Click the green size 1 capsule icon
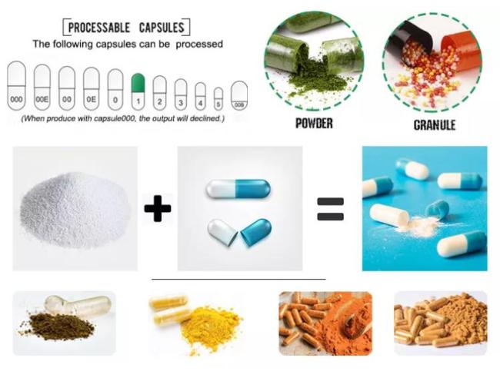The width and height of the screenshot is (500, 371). coord(138,91)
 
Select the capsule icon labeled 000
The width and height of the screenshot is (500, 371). coord(17,86)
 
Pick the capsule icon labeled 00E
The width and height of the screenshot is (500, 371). coord(42,87)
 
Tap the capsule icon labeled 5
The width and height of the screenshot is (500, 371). coord(218,99)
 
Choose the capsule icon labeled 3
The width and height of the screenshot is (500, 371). coord(181,94)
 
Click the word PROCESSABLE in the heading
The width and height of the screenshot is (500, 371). coord(99,28)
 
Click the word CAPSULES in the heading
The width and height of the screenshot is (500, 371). coord(162,28)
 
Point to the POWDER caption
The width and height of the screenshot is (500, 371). coord(314,123)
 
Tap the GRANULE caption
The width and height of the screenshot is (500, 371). coord(435,124)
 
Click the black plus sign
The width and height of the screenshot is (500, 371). coord(158,209)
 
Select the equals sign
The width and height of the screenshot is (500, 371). coord(330,209)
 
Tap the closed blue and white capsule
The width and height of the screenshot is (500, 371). coord(238,188)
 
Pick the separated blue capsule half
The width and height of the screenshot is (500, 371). coord(255,231)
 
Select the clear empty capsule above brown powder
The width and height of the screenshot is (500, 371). coord(78,305)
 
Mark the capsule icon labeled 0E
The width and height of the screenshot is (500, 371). coord(92,88)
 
